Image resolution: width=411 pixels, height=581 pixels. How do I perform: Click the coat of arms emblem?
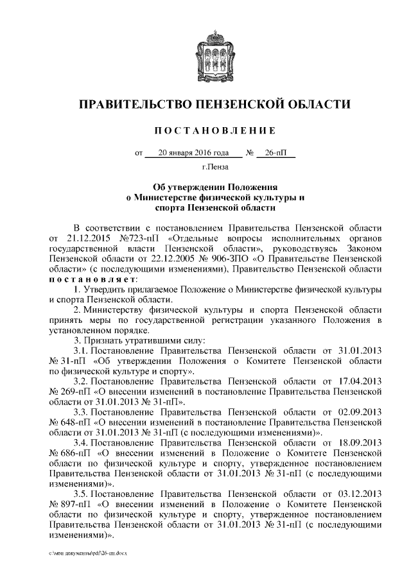tap(206, 56)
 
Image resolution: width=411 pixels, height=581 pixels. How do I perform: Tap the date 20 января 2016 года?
tap(193, 153)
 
